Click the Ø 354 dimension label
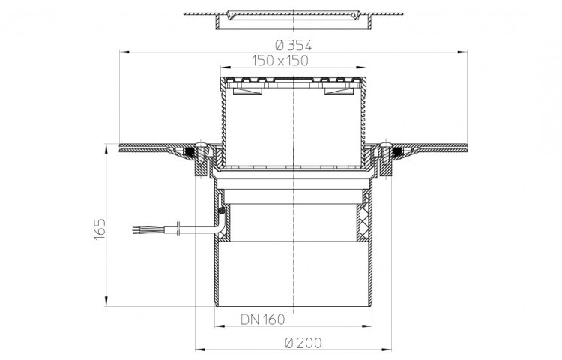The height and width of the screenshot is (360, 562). coord(293,45)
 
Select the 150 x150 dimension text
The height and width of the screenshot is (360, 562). coord(280,61)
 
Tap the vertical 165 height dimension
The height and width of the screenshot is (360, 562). coord(100,229)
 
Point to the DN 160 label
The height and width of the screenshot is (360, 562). coord(263,319)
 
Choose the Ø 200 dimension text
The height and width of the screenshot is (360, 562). coord(303,343)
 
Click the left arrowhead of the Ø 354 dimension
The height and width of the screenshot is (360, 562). coord(124,52)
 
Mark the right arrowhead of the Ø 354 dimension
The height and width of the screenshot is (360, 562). coord(462,52)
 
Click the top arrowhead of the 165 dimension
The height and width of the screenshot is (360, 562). coord(106,149)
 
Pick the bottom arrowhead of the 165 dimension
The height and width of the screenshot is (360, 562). coord(106,301)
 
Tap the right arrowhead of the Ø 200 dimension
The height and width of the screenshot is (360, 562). coord(387,349)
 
